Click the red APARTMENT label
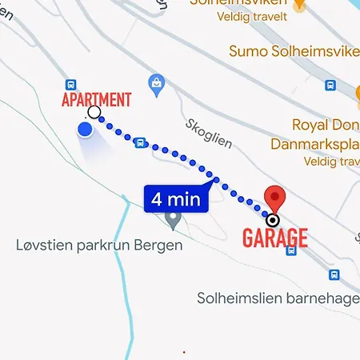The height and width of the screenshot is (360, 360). (x=97, y=99)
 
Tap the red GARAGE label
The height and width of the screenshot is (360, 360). (x=275, y=238)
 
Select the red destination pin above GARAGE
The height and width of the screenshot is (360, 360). (x=274, y=198)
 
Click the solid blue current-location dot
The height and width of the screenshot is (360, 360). (x=85, y=130)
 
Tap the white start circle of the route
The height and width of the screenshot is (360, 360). (x=94, y=112)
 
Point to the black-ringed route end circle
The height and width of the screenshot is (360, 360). (x=274, y=220)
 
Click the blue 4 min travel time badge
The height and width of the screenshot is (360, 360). (x=176, y=198)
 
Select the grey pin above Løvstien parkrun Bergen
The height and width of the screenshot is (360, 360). (x=171, y=218)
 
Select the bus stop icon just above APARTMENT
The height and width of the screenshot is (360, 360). (x=70, y=85)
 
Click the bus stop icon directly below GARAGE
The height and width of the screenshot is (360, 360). (x=291, y=251)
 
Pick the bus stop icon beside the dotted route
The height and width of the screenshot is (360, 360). (x=141, y=142)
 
